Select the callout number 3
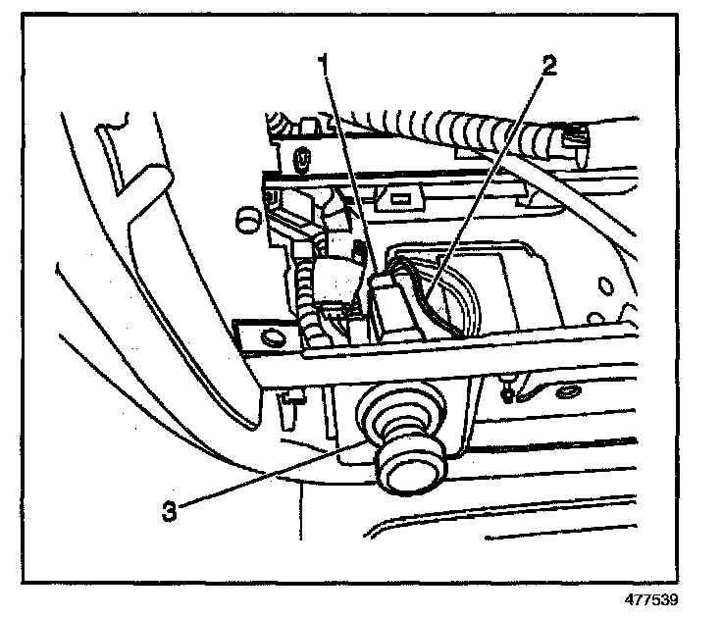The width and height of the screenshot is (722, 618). tap(171, 510)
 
